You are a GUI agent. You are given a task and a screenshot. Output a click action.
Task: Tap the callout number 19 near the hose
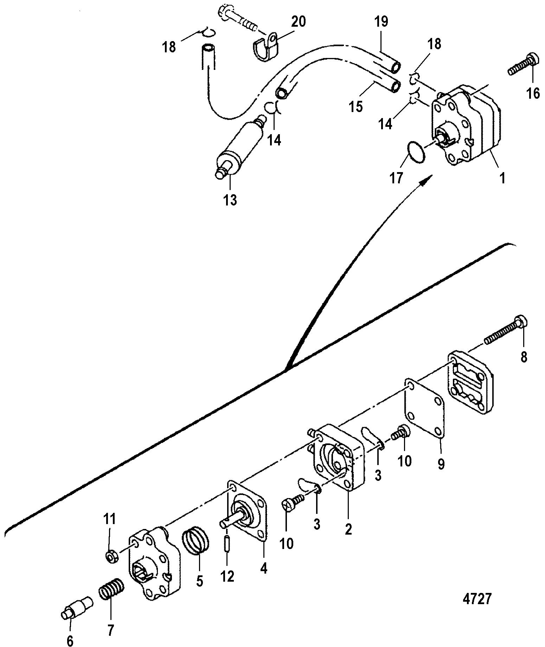(x=381, y=22)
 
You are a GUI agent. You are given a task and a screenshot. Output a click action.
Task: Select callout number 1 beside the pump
(x=503, y=178)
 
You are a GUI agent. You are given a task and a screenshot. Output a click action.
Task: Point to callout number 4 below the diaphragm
(x=263, y=568)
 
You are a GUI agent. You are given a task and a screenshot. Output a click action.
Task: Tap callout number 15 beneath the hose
(x=356, y=106)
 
